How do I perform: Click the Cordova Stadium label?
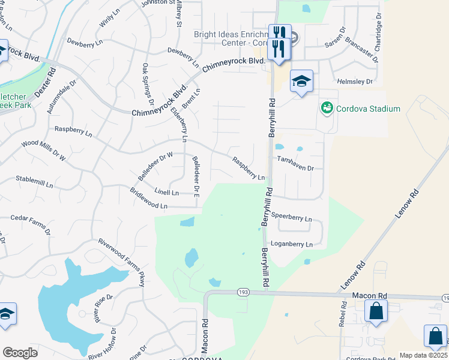(x=367, y=109)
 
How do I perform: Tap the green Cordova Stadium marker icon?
(x=327, y=108)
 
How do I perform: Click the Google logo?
(x=20, y=353)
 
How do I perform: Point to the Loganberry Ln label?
(x=292, y=245)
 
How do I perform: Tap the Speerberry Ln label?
(x=292, y=219)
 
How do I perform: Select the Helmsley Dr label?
(x=355, y=81)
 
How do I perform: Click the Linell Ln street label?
(x=167, y=193)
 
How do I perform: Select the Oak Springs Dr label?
(x=148, y=85)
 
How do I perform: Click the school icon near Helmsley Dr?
(x=301, y=80)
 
